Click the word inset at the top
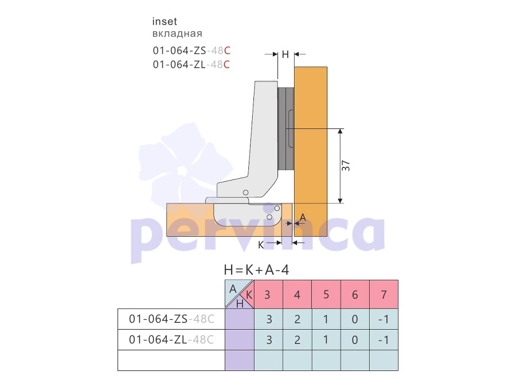pos(165,22)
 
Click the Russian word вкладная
pos(177,34)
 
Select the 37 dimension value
pos(346,166)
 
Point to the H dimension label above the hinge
pos(286,54)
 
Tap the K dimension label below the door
pos(261,245)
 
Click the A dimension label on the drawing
pos(303,217)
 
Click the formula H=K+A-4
pos(256,270)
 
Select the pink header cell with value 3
pos(268,294)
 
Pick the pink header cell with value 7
pos(384,294)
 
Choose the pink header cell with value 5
pos(326,294)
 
